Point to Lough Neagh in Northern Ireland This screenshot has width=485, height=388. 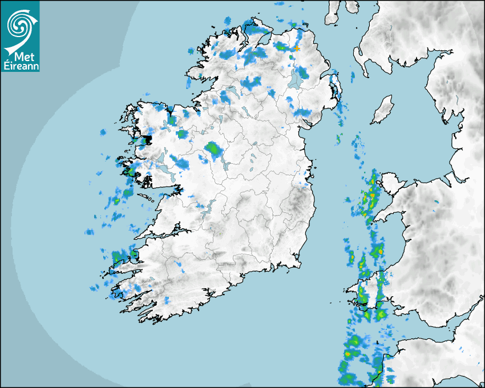click(x=296, y=79)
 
